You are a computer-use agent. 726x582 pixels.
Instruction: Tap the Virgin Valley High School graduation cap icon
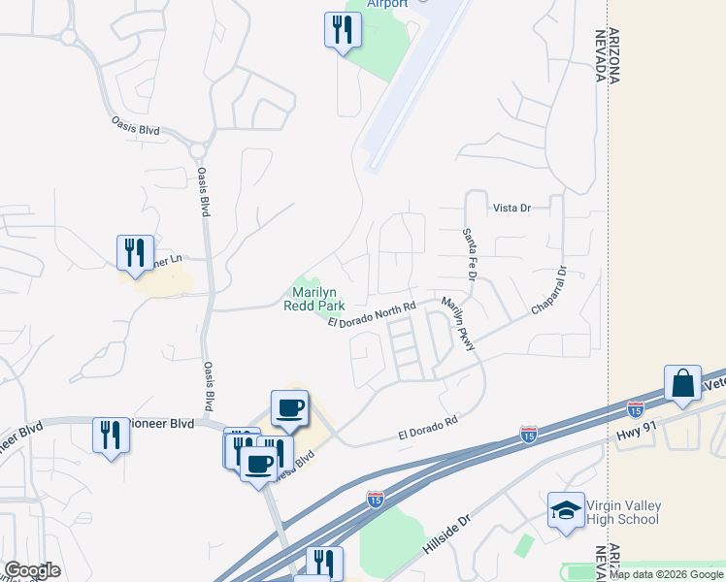566,511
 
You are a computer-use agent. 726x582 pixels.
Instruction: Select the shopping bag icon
682,382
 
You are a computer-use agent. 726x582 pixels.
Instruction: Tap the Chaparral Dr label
548,290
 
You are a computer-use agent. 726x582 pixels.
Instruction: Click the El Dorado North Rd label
372,314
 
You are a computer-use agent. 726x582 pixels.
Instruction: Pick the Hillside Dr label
446,534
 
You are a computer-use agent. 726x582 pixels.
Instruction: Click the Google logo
32,569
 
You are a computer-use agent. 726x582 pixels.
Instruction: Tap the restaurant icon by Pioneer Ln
135,252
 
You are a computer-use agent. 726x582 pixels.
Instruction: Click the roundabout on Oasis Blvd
200,149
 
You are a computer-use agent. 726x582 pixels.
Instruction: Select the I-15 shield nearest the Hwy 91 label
635,409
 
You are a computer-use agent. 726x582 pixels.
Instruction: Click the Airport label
387,4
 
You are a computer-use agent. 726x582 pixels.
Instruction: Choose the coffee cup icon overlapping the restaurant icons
258,464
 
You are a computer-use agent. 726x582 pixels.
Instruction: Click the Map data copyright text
665,574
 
